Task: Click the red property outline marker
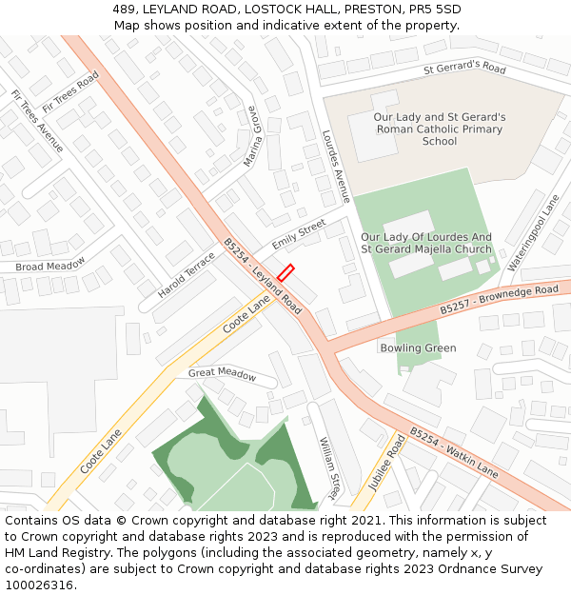point(285,272)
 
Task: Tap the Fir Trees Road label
point(70,91)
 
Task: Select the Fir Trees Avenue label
point(37,121)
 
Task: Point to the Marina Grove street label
point(251,136)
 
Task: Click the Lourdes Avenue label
point(336,166)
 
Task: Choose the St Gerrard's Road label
point(464,69)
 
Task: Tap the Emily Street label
point(299,235)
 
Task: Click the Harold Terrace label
point(187,275)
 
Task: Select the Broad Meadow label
point(50,264)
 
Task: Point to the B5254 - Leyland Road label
point(263,277)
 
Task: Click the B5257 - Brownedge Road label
point(499,300)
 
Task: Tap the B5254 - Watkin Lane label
point(453,452)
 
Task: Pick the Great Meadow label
point(222,374)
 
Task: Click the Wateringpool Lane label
point(534,232)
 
